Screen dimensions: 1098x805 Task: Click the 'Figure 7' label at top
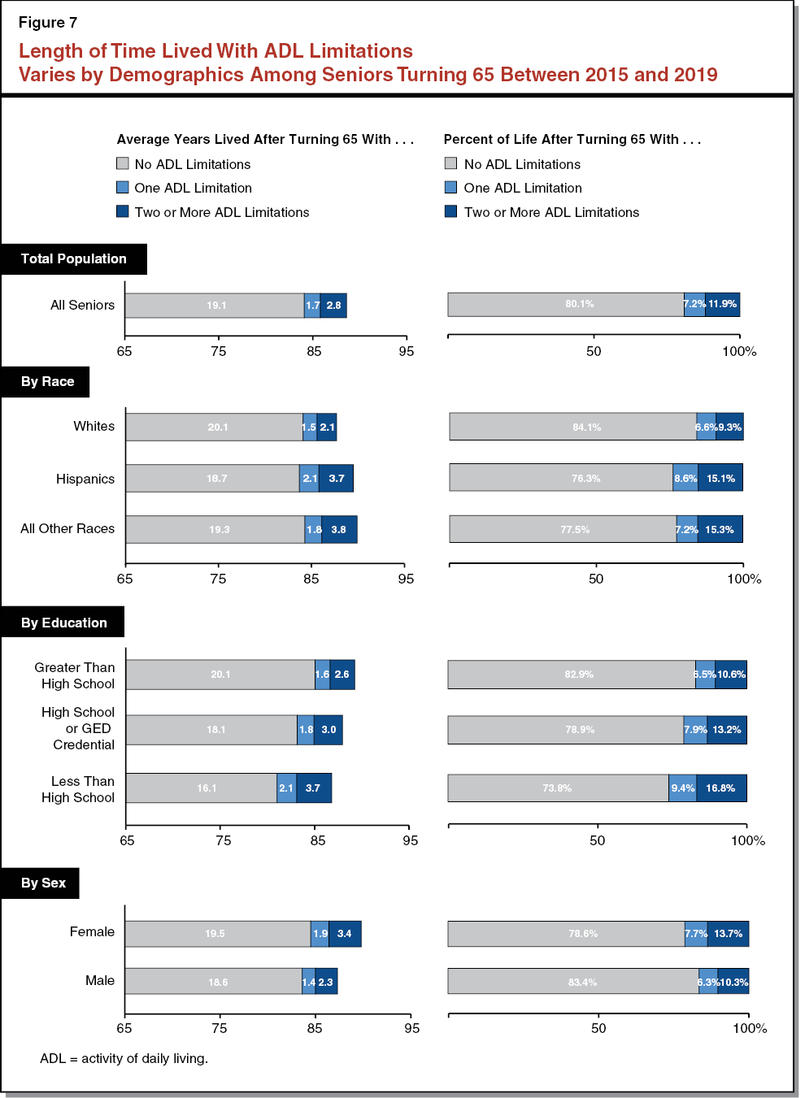coord(48,23)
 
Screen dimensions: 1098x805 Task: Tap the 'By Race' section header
coord(46,381)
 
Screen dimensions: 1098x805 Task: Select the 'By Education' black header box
coord(63,623)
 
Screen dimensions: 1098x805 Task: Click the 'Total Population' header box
coord(73,258)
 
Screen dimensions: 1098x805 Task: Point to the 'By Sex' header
coord(42,883)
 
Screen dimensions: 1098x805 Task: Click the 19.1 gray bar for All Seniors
coord(215,306)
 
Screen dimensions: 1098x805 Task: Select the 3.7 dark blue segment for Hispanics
coord(336,479)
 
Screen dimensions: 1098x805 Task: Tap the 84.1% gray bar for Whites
coord(573,427)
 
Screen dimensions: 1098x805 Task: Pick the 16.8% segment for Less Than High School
coord(720,788)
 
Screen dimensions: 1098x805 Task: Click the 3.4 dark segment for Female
coord(345,934)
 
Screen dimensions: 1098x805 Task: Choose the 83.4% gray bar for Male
coord(573,982)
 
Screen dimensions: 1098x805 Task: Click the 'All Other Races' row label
coord(67,528)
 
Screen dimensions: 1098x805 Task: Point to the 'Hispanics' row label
coord(85,479)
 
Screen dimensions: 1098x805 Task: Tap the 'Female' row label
coord(92,931)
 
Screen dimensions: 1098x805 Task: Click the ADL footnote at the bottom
coord(124,1058)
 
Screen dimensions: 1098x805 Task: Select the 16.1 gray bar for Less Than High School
coord(202,788)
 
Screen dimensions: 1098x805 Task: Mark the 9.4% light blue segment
coord(682,788)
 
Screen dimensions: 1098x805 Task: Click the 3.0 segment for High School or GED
coord(329,730)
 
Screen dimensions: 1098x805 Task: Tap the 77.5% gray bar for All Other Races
coord(563,529)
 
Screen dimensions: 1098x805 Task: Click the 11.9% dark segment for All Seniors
coord(722,305)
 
